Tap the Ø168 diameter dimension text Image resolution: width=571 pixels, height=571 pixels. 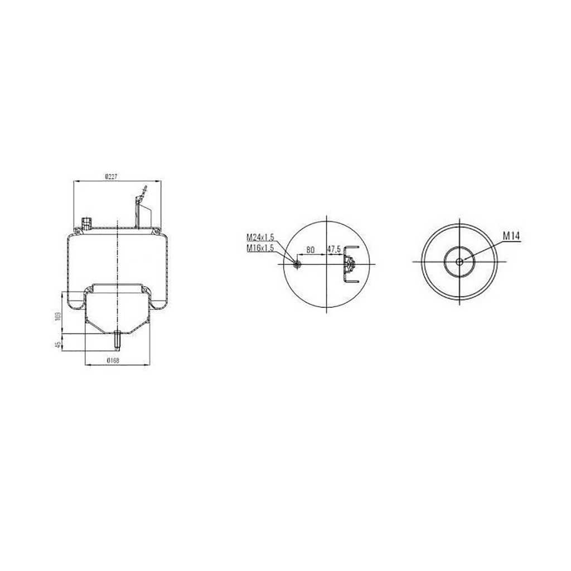point(113,361)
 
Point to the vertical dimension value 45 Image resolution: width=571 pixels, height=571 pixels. point(58,344)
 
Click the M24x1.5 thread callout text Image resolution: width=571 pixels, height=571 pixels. point(260,238)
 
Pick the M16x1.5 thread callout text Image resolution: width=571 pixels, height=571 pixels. point(260,248)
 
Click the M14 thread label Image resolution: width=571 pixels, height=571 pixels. point(511,236)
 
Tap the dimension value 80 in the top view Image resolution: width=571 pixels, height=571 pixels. point(310,250)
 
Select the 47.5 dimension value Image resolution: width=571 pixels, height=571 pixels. point(333,249)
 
